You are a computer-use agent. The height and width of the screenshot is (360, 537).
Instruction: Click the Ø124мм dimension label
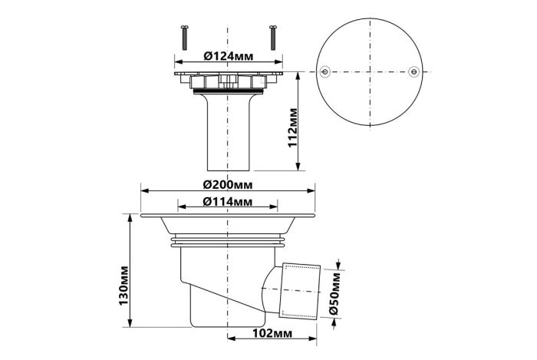(x=229, y=56)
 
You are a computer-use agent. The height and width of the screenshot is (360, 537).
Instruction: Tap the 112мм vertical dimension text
(x=293, y=127)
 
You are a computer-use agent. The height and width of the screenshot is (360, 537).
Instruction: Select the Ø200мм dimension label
(x=228, y=185)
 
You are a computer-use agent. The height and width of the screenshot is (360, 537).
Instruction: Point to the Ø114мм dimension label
(x=227, y=202)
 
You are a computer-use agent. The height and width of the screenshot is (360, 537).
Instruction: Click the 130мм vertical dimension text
(x=124, y=286)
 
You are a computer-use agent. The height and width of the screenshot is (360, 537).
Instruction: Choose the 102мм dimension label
(x=272, y=333)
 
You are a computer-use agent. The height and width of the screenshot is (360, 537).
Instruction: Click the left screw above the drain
(x=185, y=38)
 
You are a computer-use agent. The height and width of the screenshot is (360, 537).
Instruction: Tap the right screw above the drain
(x=272, y=38)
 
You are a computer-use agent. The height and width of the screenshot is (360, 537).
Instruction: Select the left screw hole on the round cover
(x=325, y=72)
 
